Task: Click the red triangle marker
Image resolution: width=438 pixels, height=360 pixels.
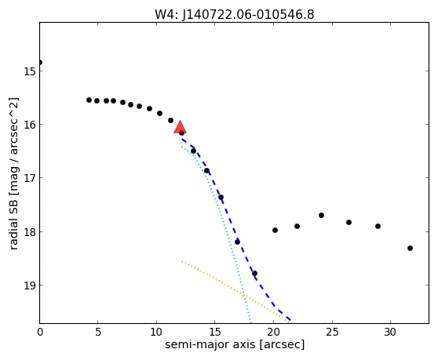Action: tap(180, 127)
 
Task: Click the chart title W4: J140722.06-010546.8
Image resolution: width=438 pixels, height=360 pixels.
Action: tap(235, 15)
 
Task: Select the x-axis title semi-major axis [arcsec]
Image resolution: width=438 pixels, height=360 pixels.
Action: tap(235, 344)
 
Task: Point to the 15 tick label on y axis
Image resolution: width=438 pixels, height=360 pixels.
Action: tap(29, 71)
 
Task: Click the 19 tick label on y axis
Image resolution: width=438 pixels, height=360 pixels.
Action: tap(29, 285)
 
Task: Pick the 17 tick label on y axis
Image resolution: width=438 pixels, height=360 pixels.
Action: tap(29, 178)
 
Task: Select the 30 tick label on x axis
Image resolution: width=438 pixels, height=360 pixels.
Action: tap(390, 332)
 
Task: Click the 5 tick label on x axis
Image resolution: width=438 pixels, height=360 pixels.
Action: tap(98, 332)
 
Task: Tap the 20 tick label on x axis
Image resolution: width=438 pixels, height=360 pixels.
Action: tap(273, 332)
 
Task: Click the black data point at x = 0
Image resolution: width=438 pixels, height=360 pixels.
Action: tap(40, 62)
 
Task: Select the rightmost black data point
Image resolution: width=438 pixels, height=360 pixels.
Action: tap(410, 248)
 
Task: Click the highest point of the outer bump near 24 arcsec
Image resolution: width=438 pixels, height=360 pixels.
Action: tap(321, 215)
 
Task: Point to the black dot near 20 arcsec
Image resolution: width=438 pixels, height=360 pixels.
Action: tap(275, 231)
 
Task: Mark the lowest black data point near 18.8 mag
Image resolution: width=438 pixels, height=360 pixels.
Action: tap(254, 273)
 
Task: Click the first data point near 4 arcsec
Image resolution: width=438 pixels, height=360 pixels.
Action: tap(89, 100)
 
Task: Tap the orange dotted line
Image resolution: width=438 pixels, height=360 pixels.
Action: tap(236, 291)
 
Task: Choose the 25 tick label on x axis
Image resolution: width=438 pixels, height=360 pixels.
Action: tap(332, 332)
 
